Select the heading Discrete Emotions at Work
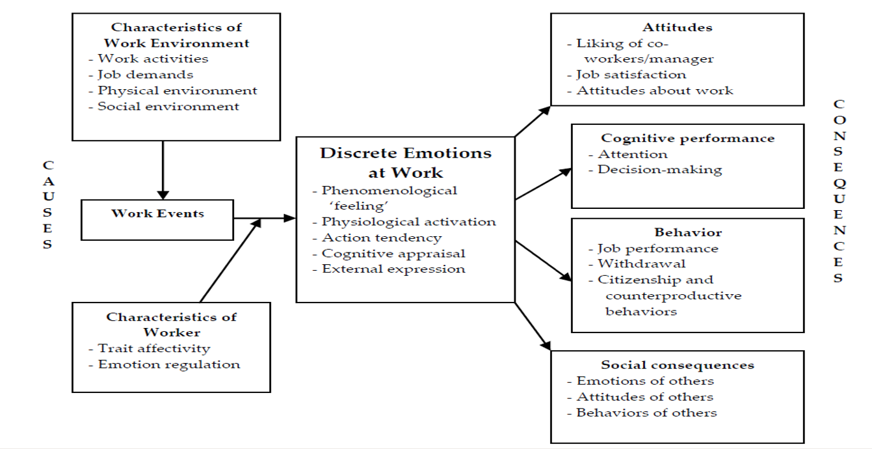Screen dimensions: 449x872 pos(406,163)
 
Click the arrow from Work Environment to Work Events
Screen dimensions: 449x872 pos(163,169)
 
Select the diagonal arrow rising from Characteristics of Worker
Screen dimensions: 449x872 pos(231,260)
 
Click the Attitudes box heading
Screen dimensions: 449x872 pos(677,27)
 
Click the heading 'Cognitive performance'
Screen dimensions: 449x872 pos(687,138)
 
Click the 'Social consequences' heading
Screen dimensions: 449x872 pos(677,365)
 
